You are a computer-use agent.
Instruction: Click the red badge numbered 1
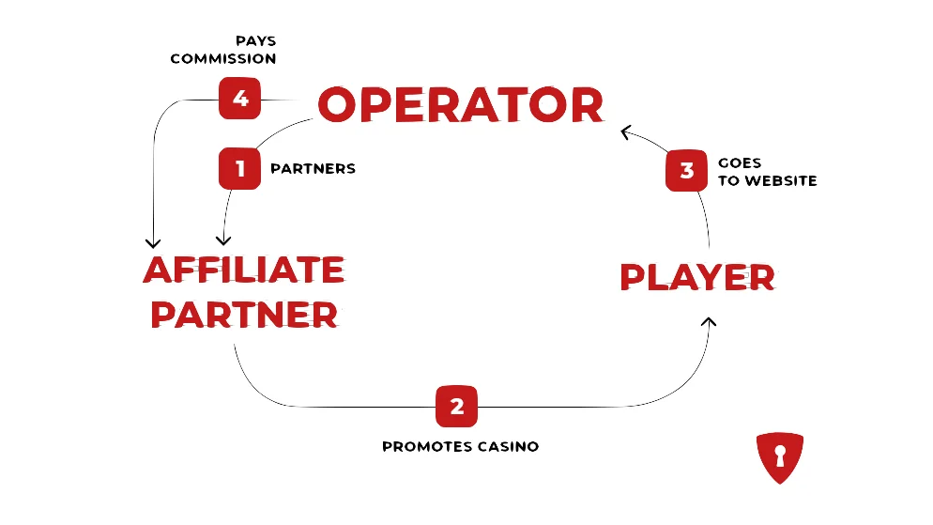pos(239,168)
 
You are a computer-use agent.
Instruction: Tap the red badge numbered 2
pos(456,407)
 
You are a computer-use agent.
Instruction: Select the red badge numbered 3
pos(687,170)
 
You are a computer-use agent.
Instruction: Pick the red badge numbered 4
pos(239,99)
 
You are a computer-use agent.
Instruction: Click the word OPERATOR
pos(461,105)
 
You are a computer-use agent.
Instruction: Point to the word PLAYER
pos(697,277)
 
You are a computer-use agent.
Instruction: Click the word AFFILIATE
pos(244,270)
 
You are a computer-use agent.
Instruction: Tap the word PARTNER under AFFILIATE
pos(244,315)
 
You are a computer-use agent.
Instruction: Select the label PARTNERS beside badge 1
pos(313,168)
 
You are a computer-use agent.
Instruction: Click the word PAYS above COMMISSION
pos(256,41)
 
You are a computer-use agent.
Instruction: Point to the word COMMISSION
pos(223,58)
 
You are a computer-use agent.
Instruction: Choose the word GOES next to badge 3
pos(740,163)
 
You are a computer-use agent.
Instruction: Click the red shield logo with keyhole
pos(780,457)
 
